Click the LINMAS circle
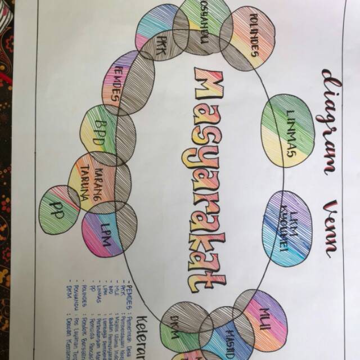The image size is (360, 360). click(288, 130)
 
